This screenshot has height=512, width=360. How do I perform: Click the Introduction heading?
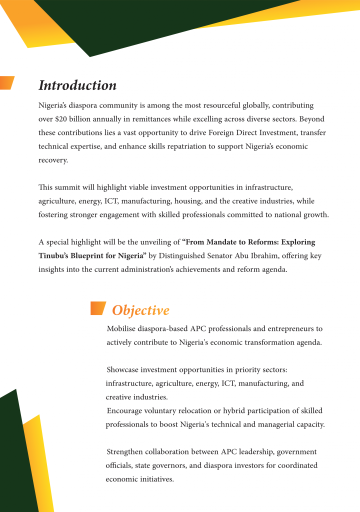77,85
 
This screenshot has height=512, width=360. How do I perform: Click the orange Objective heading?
140,310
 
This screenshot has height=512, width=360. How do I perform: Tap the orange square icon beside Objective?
97,308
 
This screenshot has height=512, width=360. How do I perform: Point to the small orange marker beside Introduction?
6,82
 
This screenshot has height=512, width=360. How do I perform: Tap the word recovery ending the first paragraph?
52,160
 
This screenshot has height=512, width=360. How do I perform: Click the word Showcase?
123,370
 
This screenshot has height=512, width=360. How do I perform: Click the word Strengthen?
125,452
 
